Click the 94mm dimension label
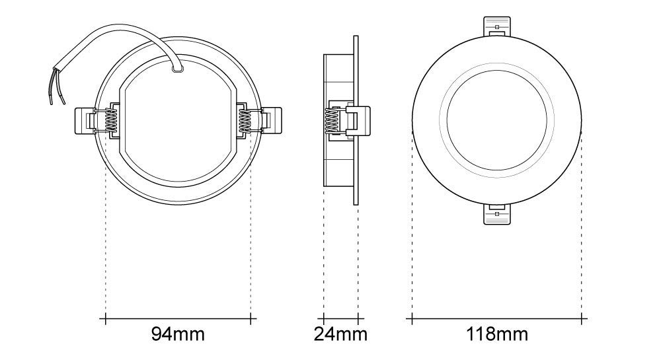click(x=178, y=334)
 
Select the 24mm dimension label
click(x=340, y=334)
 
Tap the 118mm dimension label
click(x=496, y=334)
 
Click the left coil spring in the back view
click(x=110, y=121)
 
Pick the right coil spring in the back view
click(x=246, y=121)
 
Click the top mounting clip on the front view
click(x=496, y=27)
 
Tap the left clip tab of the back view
click(x=85, y=122)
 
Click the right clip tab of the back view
click(x=272, y=122)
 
